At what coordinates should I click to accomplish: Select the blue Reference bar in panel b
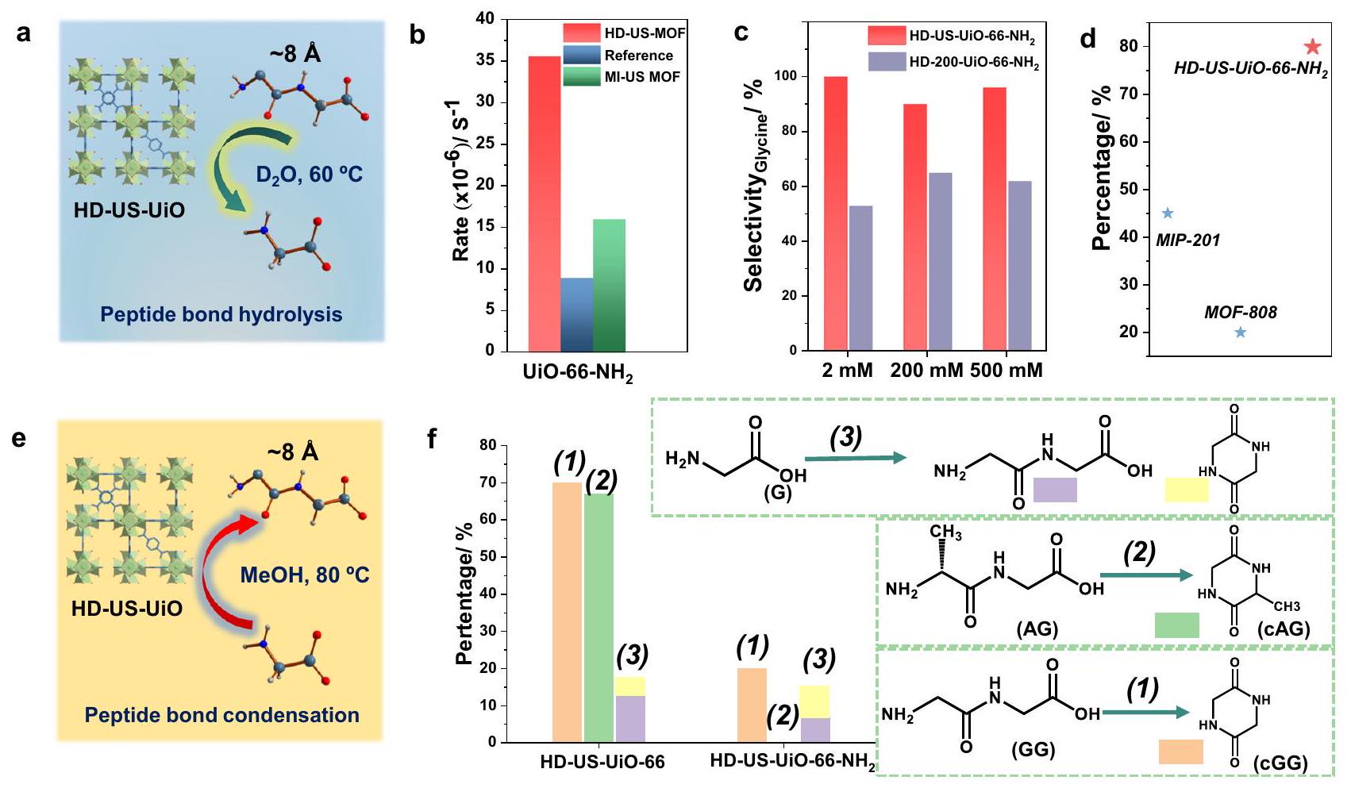click(x=576, y=314)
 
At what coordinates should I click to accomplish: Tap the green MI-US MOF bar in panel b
click(x=610, y=285)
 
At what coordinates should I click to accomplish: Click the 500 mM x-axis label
click(x=1007, y=371)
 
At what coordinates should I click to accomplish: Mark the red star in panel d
click(x=1312, y=47)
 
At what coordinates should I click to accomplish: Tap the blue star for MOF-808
click(x=1241, y=332)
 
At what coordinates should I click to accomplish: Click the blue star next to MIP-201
click(x=1167, y=213)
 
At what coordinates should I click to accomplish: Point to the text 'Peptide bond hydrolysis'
click(x=221, y=314)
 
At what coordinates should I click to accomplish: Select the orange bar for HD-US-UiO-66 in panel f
click(x=567, y=612)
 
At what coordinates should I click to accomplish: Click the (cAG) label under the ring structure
click(x=1284, y=629)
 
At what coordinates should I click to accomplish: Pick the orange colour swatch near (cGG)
click(x=1180, y=751)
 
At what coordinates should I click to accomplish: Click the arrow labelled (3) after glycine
click(x=855, y=458)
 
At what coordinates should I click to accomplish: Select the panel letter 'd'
click(x=1089, y=37)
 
